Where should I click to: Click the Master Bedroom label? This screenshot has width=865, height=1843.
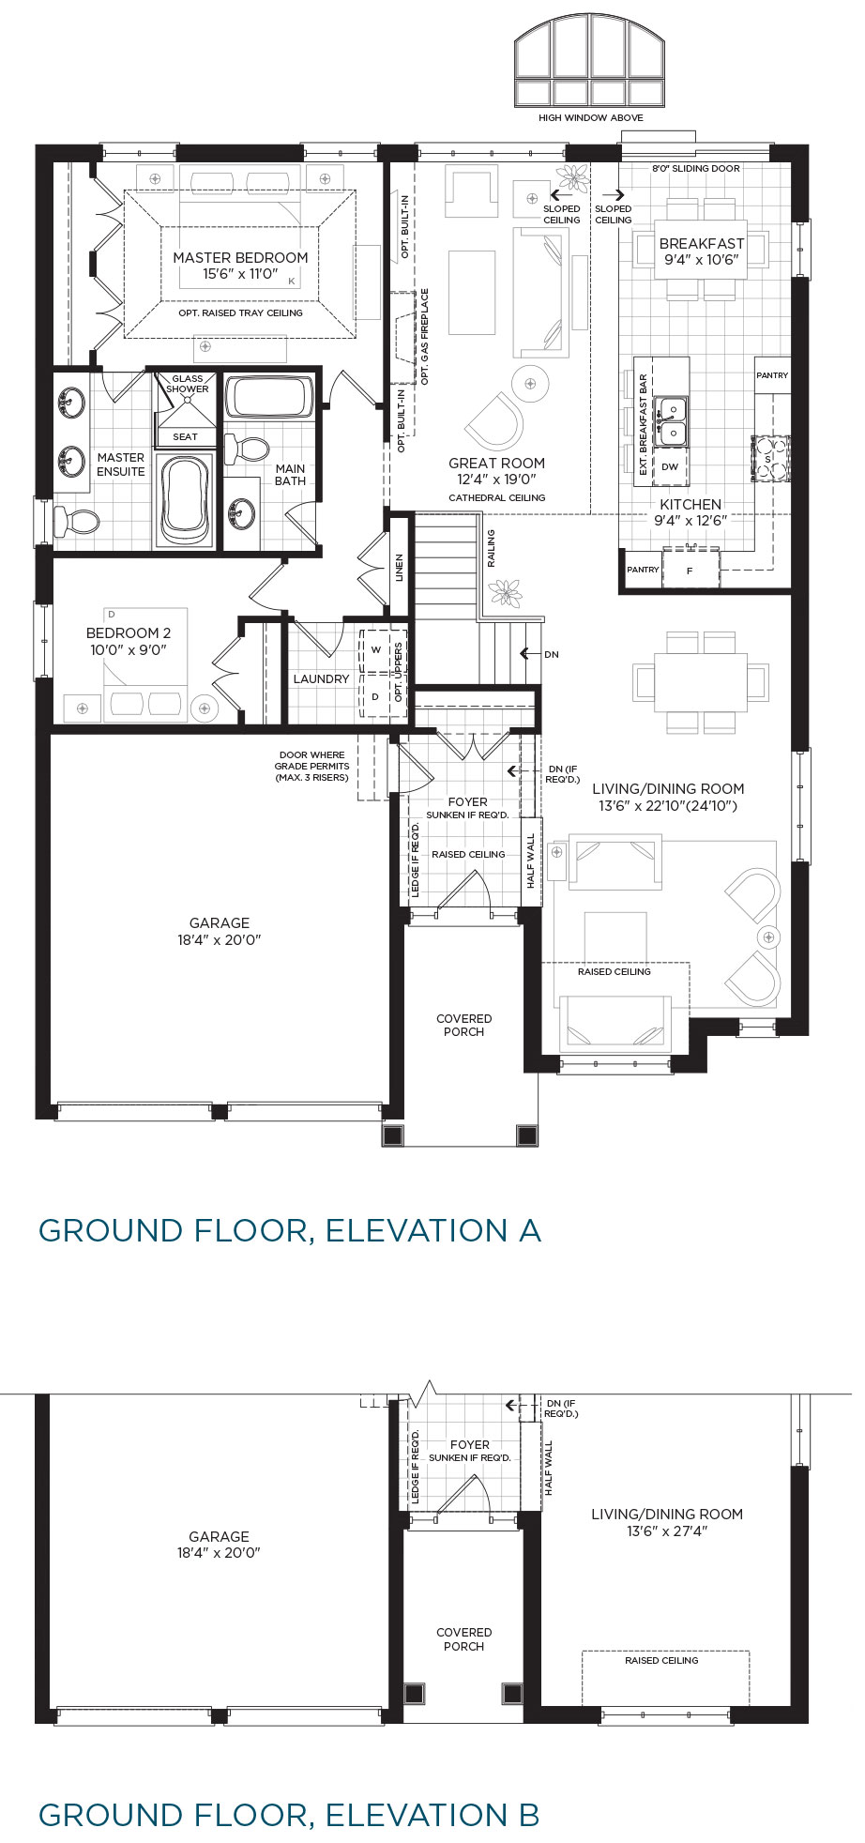point(240,257)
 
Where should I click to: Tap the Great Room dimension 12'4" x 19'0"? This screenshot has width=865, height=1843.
point(496,480)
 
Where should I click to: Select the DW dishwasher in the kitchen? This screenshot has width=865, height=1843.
point(670,466)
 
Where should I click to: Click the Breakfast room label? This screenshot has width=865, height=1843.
point(702,243)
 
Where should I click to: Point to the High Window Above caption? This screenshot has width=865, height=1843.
point(591,118)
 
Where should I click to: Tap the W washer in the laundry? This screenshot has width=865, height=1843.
point(376,649)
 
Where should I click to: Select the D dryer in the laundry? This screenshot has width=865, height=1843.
point(376,696)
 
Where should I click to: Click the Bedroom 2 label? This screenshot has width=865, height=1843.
point(129,633)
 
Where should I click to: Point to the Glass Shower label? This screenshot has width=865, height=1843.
point(188,384)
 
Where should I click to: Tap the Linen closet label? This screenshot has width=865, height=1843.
point(399,569)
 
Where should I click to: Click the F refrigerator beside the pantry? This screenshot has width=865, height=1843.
point(690,571)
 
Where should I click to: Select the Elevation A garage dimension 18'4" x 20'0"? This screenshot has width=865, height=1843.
point(220,939)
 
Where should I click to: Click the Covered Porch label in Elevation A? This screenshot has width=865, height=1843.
point(464,1025)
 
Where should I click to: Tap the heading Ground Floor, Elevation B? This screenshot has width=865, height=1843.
point(289,1814)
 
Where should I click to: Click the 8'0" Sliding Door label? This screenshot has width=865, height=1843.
point(696,169)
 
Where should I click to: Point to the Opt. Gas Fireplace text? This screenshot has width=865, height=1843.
point(424,337)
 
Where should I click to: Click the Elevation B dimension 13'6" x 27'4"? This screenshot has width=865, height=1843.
point(667,1531)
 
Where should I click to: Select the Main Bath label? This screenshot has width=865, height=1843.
point(290,475)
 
